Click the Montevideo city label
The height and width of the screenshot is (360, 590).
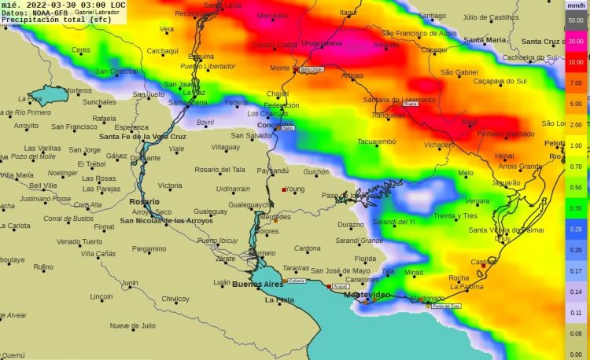(x=367, y=294)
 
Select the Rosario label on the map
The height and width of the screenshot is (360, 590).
(x=144, y=202)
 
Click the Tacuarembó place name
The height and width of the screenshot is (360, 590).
(x=377, y=142)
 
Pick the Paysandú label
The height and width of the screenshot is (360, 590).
(x=273, y=171)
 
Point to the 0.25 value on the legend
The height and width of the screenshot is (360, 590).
(x=576, y=228)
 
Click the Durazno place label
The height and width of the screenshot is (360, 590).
(x=350, y=225)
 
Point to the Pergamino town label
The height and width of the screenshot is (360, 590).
(x=149, y=248)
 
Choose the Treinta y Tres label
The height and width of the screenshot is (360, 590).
(x=455, y=215)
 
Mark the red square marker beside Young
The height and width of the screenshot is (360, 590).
(x=284, y=189)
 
